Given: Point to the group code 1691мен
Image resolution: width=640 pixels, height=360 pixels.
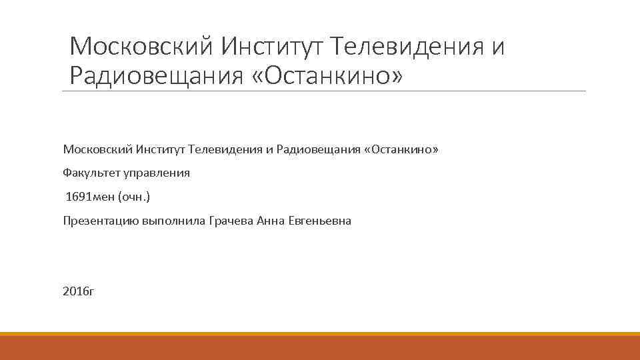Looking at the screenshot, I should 90,197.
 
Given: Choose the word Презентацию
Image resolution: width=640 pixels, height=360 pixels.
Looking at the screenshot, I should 100,221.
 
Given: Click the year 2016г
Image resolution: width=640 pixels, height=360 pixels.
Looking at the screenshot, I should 79,291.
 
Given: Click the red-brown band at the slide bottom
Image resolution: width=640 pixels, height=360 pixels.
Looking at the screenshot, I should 320,349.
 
